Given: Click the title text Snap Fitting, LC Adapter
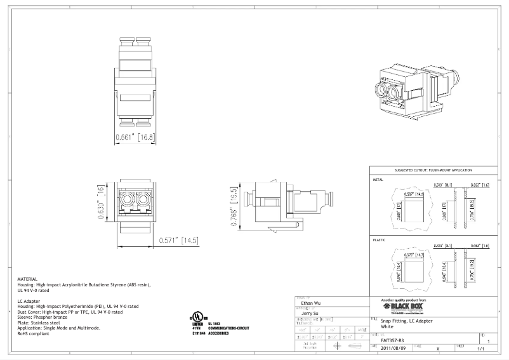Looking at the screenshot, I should click(x=406, y=321).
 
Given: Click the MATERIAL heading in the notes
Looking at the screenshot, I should click(x=27, y=279).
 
